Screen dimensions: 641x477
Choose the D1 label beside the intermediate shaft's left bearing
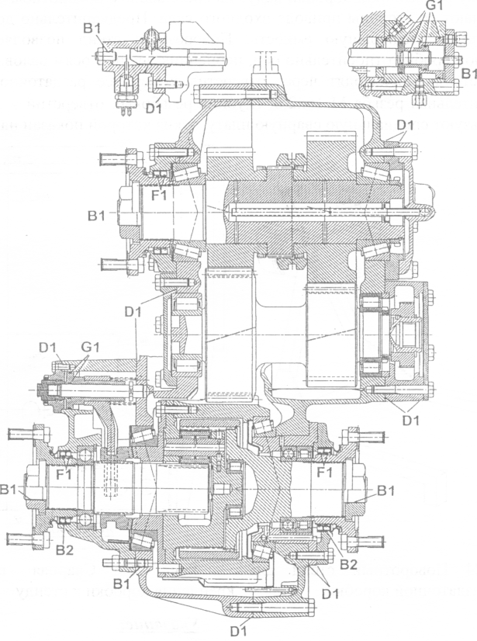click(x=133, y=311)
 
